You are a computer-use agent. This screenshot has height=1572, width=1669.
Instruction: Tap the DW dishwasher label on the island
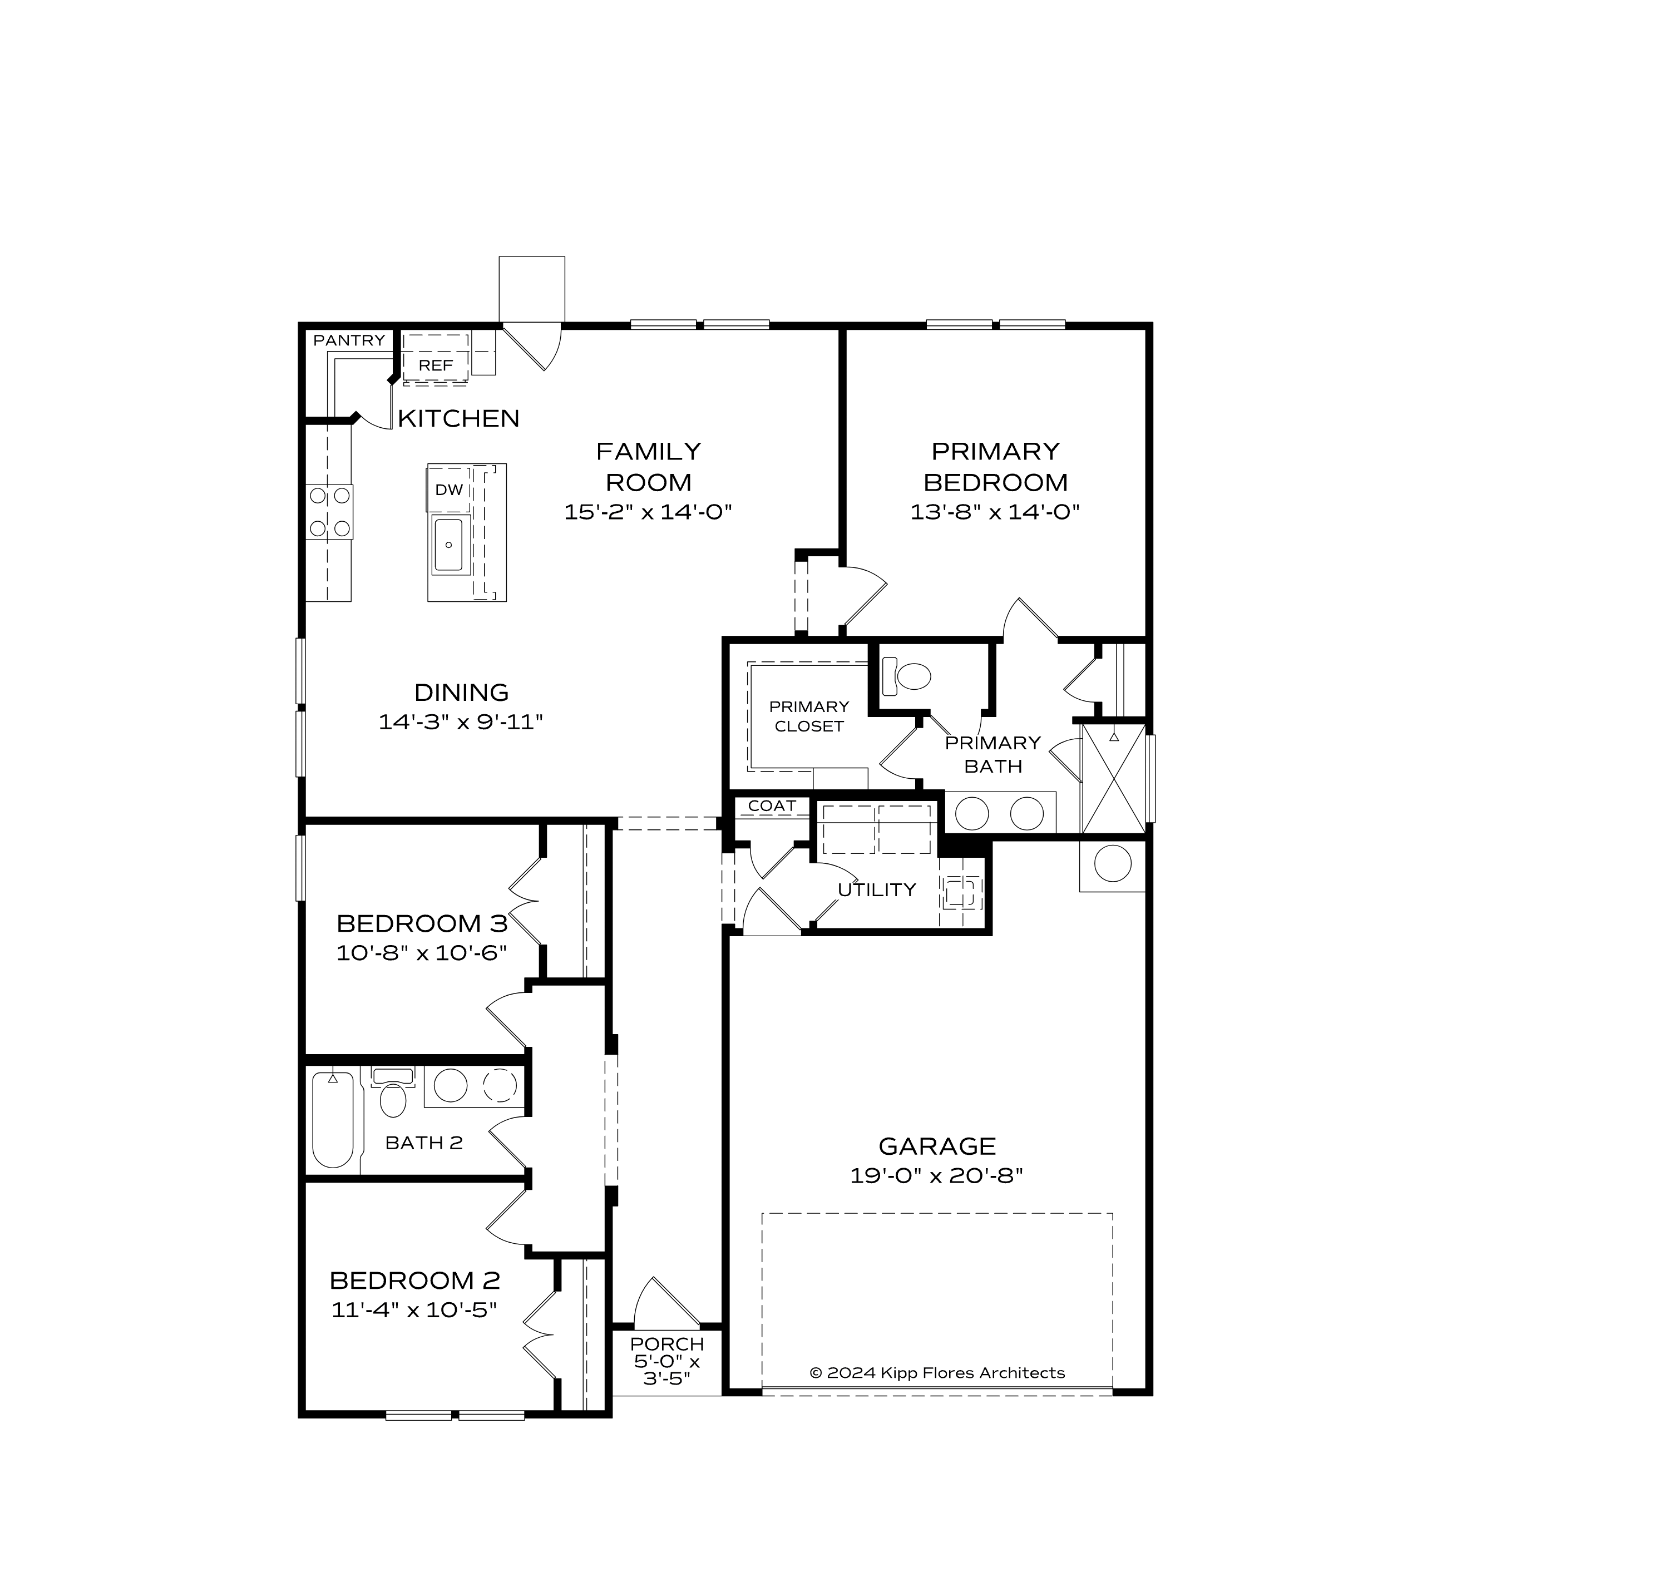click(449, 490)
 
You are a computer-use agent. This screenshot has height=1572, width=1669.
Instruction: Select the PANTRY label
click(349, 340)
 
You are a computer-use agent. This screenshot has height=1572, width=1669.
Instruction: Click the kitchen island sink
click(450, 545)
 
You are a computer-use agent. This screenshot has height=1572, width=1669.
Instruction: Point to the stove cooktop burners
click(330, 512)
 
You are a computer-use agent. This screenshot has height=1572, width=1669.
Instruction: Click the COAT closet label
click(772, 805)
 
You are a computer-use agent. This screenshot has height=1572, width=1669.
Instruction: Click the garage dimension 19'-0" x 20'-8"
click(936, 1175)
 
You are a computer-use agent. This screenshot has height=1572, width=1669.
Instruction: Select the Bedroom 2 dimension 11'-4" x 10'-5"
click(414, 1309)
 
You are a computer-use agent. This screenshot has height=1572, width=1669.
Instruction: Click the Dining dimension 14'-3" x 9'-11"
click(461, 722)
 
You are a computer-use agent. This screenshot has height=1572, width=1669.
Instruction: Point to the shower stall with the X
click(1113, 779)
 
